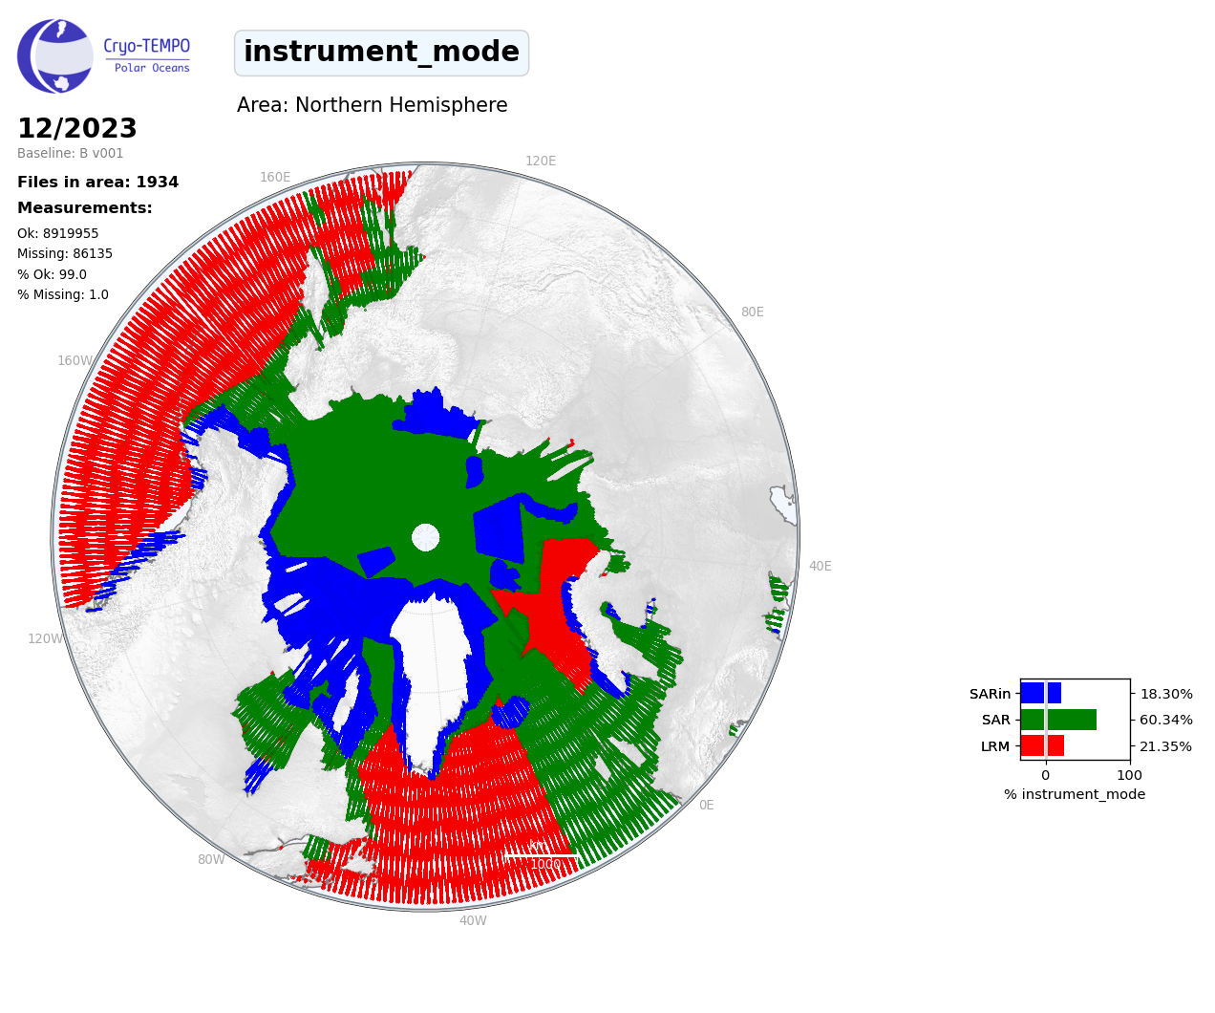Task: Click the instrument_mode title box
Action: (381, 53)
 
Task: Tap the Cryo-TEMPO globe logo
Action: (55, 55)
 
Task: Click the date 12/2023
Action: (77, 128)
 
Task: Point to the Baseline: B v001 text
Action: (71, 153)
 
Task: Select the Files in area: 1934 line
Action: (97, 183)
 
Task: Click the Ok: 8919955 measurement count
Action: (58, 233)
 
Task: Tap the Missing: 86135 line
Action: (65, 254)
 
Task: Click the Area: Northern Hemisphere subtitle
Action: (372, 105)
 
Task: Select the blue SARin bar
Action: (1040, 693)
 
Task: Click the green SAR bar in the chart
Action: (1058, 720)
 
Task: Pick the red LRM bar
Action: (1042, 745)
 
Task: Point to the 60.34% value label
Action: (1165, 721)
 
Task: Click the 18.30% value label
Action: (1165, 694)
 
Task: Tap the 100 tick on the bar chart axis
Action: (1129, 775)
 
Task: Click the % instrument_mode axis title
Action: (1075, 795)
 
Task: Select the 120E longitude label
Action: (541, 161)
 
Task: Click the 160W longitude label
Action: (75, 360)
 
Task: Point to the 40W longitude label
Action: (473, 920)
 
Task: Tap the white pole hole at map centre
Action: (425, 537)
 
